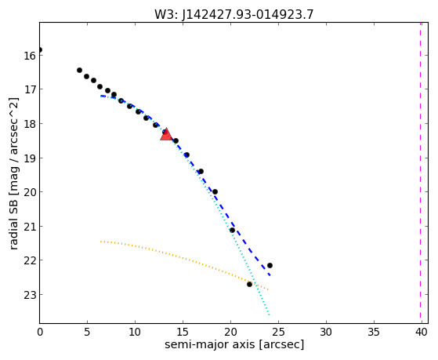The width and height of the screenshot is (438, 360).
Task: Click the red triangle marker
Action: coord(166,135)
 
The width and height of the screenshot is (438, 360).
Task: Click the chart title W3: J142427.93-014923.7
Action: coord(234,14)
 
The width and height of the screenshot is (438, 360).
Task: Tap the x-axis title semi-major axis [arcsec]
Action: coord(234,344)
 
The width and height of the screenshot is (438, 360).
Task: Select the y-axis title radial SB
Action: coord(13,222)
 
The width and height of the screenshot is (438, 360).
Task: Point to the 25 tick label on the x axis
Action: coord(278,332)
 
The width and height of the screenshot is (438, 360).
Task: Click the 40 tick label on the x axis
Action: coord(422,332)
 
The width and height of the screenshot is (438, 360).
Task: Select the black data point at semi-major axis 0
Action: coord(40,49)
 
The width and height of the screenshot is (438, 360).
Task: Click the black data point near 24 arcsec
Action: coord(270,265)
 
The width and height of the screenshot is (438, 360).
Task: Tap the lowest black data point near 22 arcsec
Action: coord(249,284)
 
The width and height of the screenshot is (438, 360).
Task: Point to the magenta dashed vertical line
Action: coord(420,173)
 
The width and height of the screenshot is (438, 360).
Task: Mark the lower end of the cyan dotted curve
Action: coord(269,315)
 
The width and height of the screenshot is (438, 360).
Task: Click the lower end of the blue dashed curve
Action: coord(270,276)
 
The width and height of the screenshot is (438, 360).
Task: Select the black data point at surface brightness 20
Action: coord(215,192)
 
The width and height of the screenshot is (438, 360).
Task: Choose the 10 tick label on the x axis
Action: coord(135,332)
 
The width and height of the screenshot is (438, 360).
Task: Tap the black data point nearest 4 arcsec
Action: coord(79,70)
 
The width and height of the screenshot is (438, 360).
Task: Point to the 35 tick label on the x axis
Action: coord(374,332)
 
